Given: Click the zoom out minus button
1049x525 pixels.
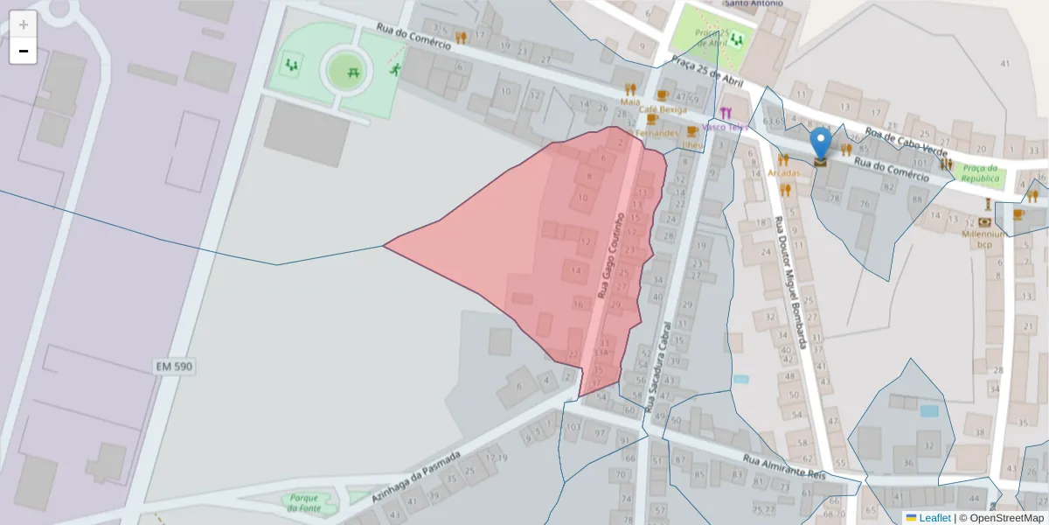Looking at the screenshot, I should click(x=24, y=52).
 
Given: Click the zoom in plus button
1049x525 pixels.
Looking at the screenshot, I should click(x=24, y=24).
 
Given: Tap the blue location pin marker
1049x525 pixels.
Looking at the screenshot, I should click(x=820, y=144).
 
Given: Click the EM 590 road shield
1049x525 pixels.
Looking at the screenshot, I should click(x=173, y=366).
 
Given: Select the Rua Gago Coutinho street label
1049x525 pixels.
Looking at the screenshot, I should click(x=610, y=254).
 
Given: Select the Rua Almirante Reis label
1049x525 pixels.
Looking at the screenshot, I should click(x=784, y=467).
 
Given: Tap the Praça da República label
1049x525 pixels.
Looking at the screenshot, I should click(x=979, y=172).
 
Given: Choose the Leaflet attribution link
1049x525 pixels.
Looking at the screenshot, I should click(x=934, y=518).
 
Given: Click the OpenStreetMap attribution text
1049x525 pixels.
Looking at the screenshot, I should click(x=1001, y=518).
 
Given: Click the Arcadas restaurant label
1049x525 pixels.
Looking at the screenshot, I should click(x=784, y=173).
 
